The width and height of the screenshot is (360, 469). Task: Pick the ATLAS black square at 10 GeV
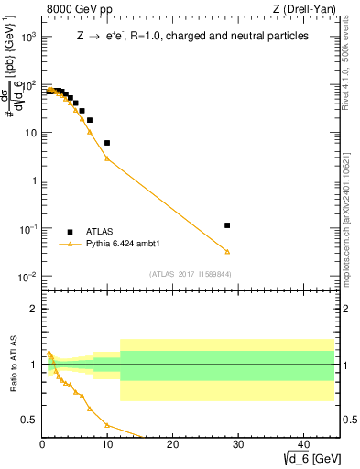107,143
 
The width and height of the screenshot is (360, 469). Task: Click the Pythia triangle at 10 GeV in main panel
107,158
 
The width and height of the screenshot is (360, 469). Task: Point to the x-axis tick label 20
172,446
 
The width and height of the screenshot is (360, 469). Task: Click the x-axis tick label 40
301,446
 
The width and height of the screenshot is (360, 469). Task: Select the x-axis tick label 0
42,446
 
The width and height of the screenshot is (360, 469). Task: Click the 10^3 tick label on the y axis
27,38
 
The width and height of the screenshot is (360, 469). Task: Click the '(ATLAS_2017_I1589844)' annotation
190,274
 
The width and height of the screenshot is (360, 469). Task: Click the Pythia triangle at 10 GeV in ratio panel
107,425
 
